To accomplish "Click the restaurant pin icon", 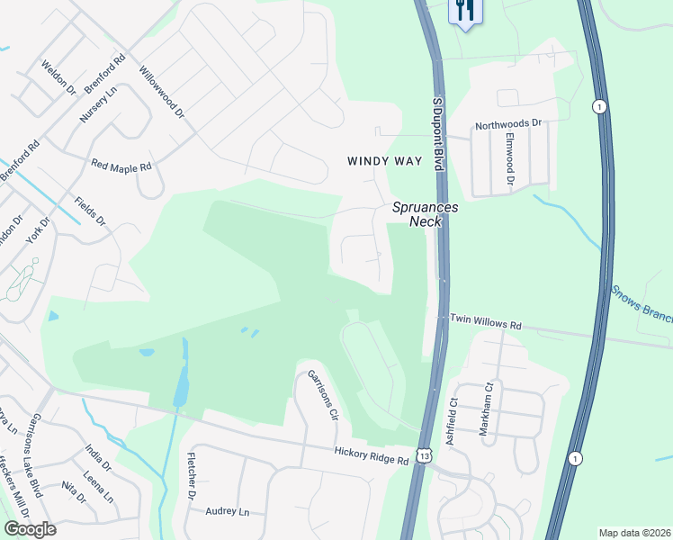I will click(x=465, y=12).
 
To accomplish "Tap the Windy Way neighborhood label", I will click(x=384, y=161).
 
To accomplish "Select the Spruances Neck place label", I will click(x=425, y=214).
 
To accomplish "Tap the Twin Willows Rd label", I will click(x=486, y=320).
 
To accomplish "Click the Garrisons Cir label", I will click(x=322, y=396).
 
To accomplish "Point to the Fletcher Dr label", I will click(x=191, y=477).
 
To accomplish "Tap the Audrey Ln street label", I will click(x=227, y=511).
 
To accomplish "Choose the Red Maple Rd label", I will click(x=122, y=166).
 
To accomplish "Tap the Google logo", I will click(x=31, y=529).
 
